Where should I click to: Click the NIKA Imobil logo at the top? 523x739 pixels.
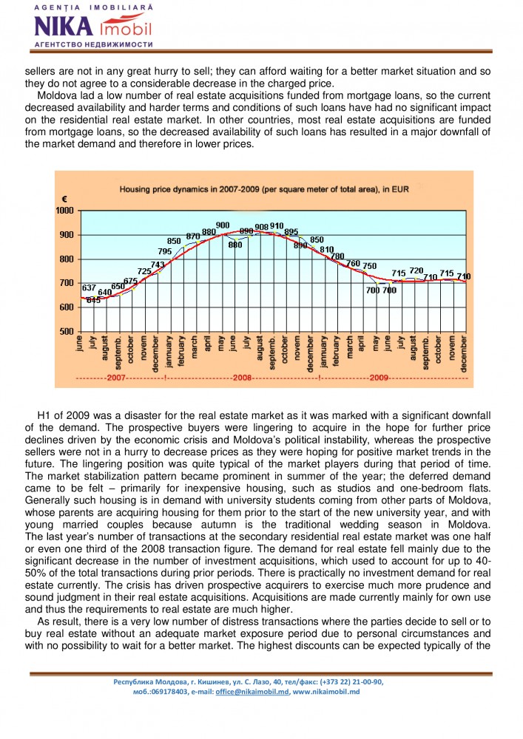(92, 27)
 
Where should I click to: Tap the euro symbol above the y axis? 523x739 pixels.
(64, 200)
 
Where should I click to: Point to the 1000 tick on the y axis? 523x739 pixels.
(66, 211)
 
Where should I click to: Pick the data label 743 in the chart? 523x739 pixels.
(158, 264)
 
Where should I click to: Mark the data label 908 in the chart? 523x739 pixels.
(261, 227)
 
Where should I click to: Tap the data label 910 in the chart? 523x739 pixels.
(277, 225)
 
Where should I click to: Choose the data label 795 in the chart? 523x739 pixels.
(165, 251)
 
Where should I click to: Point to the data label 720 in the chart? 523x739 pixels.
(416, 270)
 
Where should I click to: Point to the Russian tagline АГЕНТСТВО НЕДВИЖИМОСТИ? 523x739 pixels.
(93, 44)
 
